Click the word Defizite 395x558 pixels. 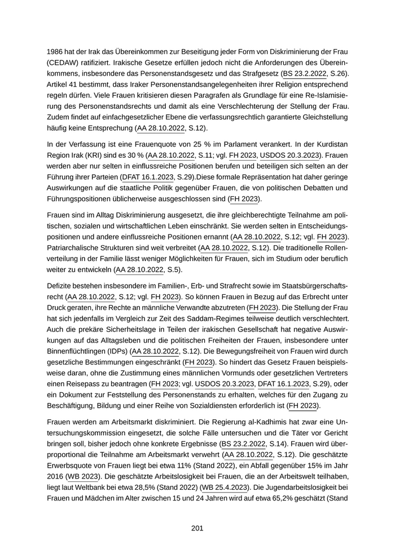[x=61, y=285]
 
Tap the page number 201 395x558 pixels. [x=197, y=528]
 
